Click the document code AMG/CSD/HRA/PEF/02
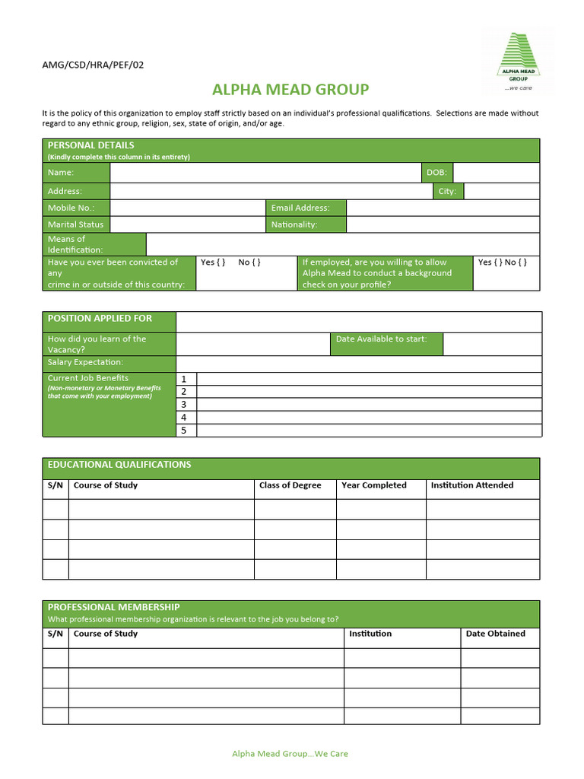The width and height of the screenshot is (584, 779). click(x=93, y=65)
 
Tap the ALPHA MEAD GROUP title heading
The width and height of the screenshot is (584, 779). click(x=290, y=90)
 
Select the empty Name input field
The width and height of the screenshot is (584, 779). click(x=265, y=173)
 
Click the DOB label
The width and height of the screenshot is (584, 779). click(x=436, y=173)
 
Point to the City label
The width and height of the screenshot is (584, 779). click(x=447, y=191)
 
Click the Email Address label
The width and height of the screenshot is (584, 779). click(x=301, y=208)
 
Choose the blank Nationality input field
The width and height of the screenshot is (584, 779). click(x=443, y=224)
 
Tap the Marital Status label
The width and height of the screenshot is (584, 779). click(x=75, y=224)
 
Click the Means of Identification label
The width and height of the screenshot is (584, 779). click(x=75, y=244)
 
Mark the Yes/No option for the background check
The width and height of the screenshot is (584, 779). click(x=503, y=262)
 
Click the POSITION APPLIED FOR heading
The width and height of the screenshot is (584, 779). click(x=100, y=319)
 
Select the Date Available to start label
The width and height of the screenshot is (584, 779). click(x=381, y=339)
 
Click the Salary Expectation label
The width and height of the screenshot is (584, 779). click(x=85, y=362)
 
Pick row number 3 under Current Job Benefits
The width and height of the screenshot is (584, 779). click(x=184, y=405)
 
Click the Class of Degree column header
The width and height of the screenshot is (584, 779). click(x=290, y=485)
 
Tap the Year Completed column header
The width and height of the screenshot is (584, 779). click(x=374, y=485)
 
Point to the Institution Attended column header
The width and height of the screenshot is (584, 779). click(x=471, y=485)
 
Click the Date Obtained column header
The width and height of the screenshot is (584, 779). click(x=495, y=634)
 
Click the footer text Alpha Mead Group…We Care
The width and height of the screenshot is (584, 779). click(x=290, y=754)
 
